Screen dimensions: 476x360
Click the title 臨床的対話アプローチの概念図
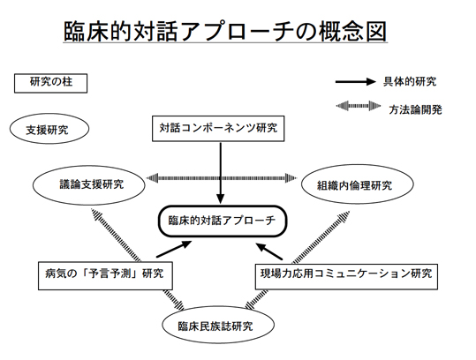click(x=225, y=31)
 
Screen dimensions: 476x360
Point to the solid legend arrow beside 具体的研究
click(x=356, y=81)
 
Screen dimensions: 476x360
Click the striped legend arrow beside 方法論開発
click(x=359, y=106)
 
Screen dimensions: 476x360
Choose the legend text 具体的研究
click(x=410, y=81)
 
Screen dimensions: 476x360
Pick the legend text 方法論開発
click(x=415, y=109)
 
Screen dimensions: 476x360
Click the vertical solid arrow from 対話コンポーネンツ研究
click(x=221, y=173)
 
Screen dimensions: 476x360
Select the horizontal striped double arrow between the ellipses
click(x=222, y=178)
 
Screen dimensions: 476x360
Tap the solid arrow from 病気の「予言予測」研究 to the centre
click(x=174, y=249)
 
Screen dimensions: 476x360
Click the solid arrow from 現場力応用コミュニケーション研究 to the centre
click(x=269, y=251)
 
